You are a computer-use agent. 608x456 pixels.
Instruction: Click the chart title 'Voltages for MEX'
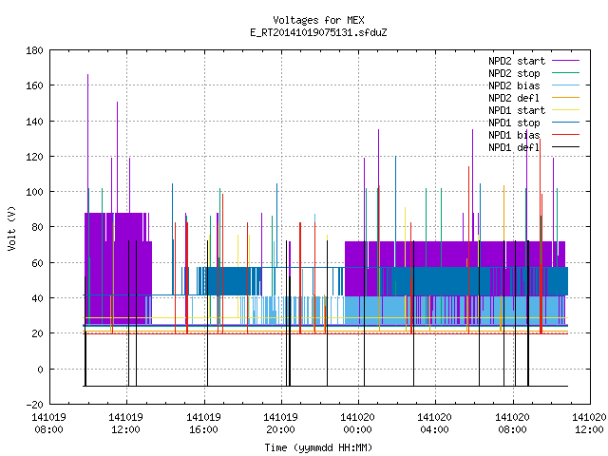[x=318, y=20]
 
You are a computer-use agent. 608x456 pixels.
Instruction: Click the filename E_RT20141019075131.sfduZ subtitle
[x=318, y=32]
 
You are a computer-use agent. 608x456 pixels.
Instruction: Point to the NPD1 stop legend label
[x=514, y=123]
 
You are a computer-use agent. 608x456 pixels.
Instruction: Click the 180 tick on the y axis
[x=34, y=50]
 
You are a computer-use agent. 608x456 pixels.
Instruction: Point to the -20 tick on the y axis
[x=34, y=405]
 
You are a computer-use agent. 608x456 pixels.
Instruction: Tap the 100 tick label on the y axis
[x=34, y=192]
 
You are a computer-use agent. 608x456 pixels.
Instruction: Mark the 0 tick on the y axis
[x=40, y=370]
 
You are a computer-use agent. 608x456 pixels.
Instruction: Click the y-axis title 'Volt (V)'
[x=11, y=228]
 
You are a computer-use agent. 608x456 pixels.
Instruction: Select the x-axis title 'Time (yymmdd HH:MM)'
[x=318, y=447]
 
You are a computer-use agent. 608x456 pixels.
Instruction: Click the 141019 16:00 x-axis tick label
[x=203, y=424]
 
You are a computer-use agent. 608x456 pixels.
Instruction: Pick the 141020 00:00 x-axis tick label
[x=357, y=424]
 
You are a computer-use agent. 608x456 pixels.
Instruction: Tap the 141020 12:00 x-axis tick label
[x=589, y=424]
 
